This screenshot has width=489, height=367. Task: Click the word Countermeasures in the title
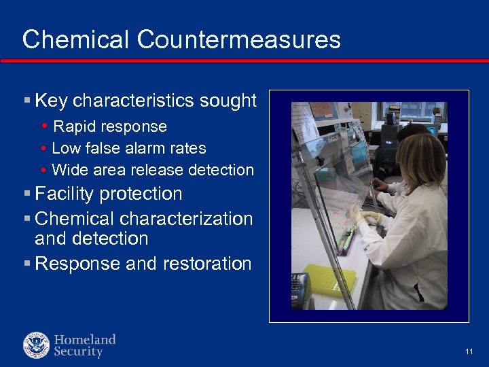238,39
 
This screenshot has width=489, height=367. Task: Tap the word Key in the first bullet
51,101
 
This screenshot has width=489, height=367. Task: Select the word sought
228,101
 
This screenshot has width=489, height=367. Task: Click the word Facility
65,194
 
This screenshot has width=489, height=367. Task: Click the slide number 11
469,351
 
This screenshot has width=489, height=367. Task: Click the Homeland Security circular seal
37,345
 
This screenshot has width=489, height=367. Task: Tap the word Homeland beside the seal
85,339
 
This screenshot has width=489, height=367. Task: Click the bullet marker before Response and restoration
26,264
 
